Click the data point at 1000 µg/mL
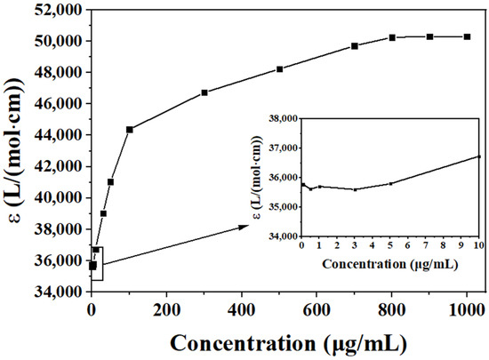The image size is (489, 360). [466, 36]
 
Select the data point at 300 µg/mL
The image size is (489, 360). [204, 92]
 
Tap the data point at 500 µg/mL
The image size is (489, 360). [279, 69]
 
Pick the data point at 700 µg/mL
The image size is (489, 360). [355, 46]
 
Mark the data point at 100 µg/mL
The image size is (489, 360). [129, 130]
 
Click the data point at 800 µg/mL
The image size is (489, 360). [392, 37]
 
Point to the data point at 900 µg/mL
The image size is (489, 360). [429, 36]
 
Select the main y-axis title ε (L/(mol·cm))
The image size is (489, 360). [15, 151]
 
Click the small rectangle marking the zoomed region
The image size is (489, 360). [97, 264]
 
